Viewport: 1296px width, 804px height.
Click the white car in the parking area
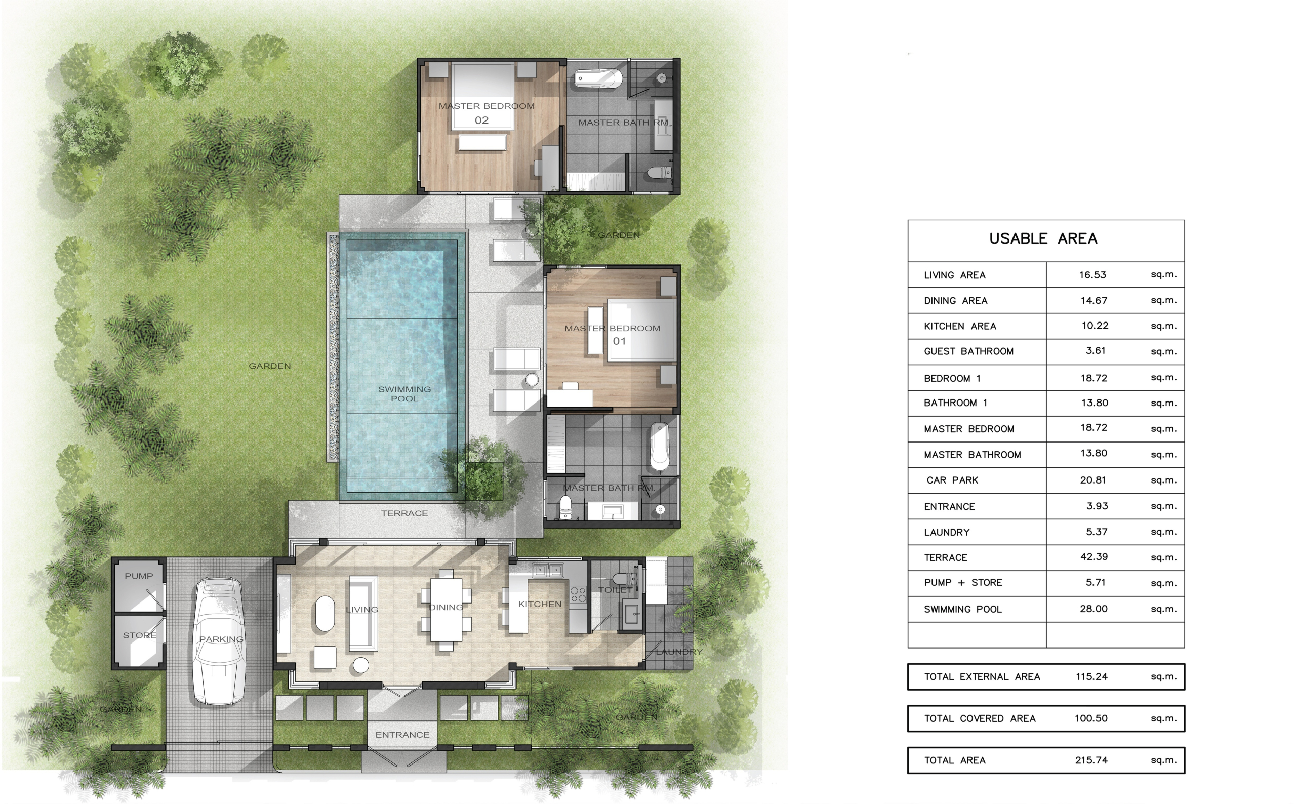click(219, 641)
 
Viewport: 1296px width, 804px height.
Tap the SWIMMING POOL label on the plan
click(404, 394)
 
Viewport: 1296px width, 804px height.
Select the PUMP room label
click(139, 576)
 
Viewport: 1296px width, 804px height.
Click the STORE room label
click(139, 635)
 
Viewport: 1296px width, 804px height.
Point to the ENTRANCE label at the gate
click(402, 735)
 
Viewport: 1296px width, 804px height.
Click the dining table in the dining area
click(446, 610)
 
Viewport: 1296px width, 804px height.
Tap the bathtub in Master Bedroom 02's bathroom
click(598, 78)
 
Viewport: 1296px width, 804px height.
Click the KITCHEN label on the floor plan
click(540, 604)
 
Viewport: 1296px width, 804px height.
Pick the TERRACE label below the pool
click(404, 513)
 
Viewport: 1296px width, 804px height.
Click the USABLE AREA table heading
click(1043, 239)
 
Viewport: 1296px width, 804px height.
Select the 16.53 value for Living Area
click(1092, 275)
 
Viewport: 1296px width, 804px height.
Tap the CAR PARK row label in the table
click(952, 480)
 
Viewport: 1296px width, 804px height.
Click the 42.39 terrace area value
click(1093, 557)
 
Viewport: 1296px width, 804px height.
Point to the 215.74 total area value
click(1091, 760)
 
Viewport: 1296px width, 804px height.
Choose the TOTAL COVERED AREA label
click(980, 719)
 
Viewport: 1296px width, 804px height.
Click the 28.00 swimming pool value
click(1093, 609)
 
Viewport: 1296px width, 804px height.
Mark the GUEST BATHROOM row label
click(968, 351)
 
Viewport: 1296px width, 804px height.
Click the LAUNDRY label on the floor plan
click(679, 652)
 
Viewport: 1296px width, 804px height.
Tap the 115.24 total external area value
click(1091, 677)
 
